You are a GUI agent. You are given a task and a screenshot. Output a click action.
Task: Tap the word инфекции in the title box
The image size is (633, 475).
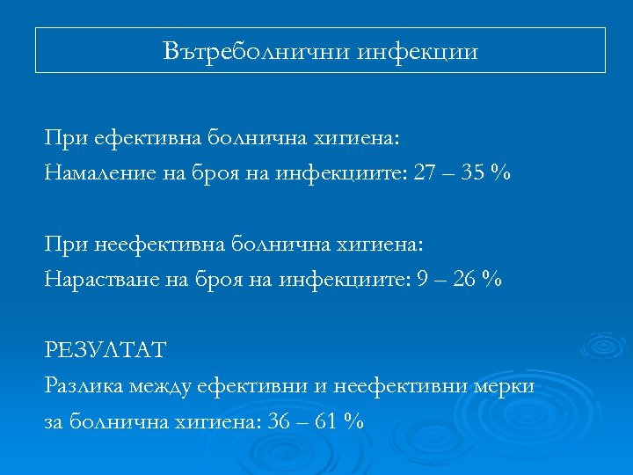(418, 52)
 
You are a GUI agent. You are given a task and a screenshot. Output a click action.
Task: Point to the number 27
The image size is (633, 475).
(425, 173)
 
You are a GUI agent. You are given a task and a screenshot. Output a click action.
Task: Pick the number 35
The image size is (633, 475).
(474, 173)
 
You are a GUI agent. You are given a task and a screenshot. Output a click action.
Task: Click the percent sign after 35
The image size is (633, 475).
(501, 173)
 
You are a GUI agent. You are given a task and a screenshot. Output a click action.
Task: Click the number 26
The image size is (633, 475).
(465, 280)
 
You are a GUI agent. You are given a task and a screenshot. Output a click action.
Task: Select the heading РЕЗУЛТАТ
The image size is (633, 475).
(105, 350)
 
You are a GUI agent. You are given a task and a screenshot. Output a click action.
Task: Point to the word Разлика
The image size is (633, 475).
(84, 385)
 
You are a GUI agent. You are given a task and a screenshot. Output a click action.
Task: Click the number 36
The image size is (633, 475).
(280, 421)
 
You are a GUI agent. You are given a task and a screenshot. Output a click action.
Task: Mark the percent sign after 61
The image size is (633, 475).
(354, 421)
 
